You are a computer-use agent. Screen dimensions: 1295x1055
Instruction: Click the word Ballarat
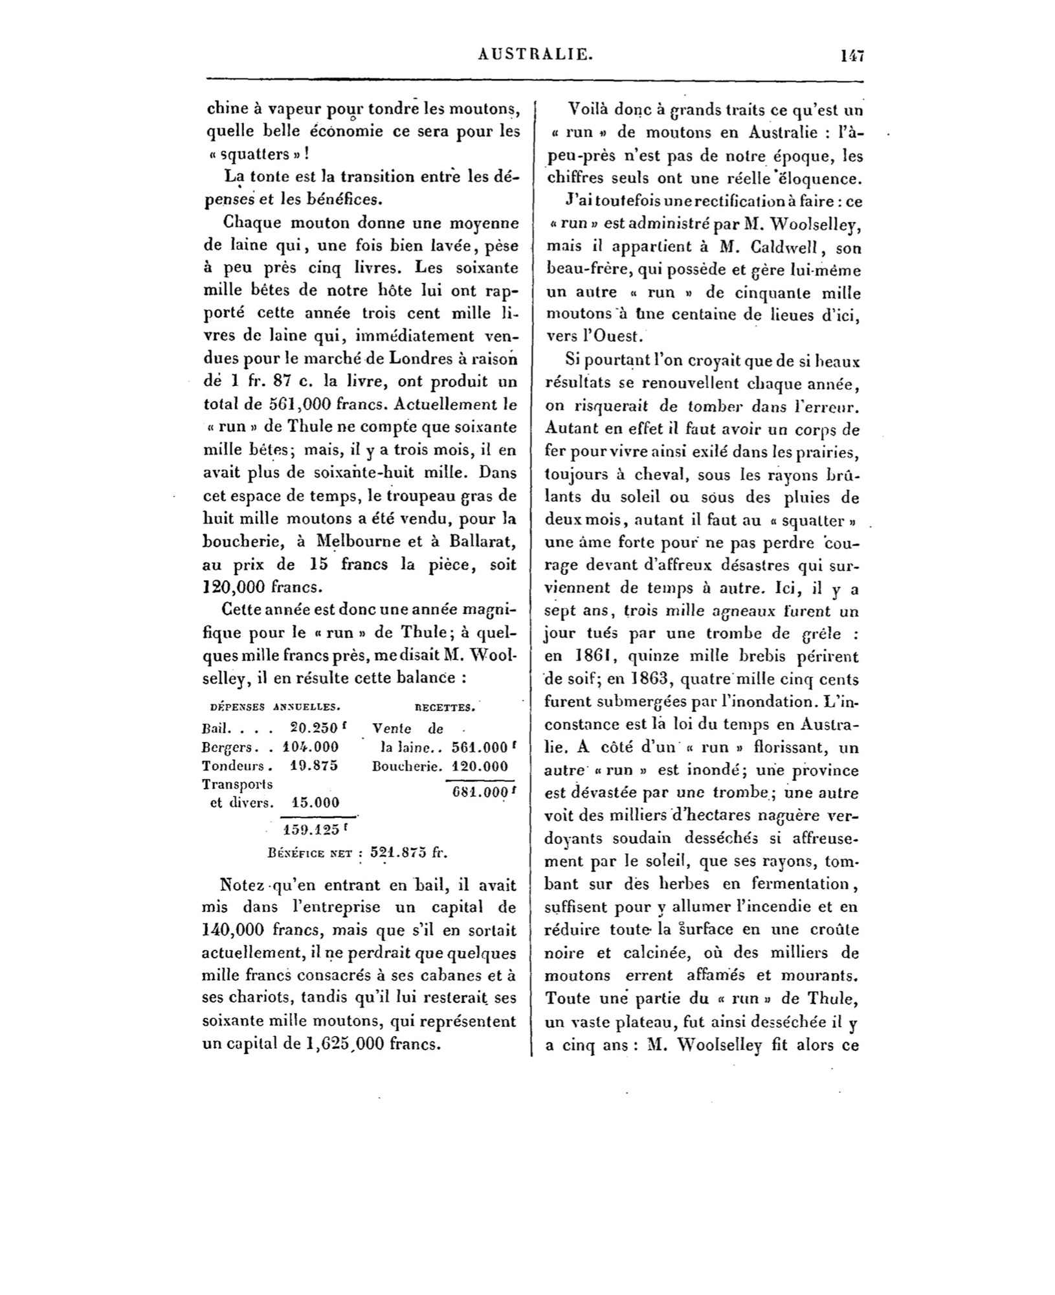click(x=481, y=541)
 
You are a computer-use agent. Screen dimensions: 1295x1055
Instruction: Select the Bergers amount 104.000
click(x=311, y=746)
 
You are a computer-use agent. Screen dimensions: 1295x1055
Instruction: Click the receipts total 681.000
click(x=478, y=794)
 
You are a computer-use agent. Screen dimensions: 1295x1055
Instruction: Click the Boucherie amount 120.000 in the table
click(x=478, y=765)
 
